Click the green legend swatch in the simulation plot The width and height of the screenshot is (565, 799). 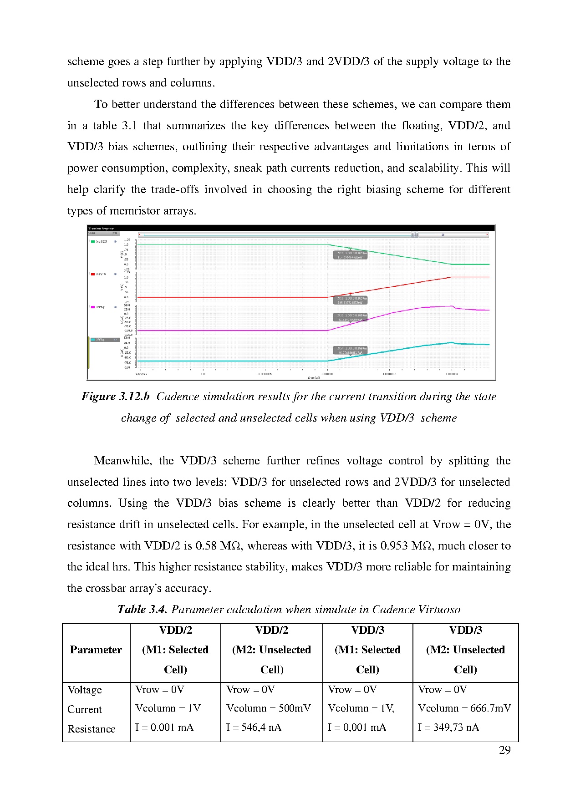click(92, 241)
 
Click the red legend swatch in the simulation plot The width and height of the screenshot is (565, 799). click(92, 274)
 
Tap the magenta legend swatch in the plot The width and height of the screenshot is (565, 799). click(92, 307)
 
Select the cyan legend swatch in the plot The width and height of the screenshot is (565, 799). click(92, 340)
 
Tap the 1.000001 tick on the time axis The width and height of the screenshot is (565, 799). click(327, 374)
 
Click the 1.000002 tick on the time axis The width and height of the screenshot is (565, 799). click(452, 374)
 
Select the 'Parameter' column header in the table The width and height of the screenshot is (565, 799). click(96, 650)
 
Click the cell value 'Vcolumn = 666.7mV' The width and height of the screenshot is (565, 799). click(464, 708)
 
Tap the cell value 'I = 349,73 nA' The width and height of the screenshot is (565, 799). click(448, 728)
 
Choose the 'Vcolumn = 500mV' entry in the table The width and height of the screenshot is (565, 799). click(269, 708)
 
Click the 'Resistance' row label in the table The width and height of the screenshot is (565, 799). click(91, 729)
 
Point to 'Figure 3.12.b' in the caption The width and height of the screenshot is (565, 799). click(116, 397)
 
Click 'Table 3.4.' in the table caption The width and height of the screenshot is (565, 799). click(143, 610)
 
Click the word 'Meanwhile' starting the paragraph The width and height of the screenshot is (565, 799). click(122, 461)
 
